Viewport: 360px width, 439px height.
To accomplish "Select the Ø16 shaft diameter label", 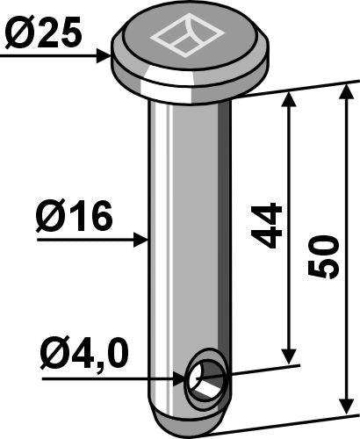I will tap(75, 217).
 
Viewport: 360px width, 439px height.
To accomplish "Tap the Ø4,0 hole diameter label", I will tap(84, 356).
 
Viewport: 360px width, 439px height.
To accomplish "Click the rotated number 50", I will tap(325, 257).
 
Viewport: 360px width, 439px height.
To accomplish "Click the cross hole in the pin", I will tap(207, 378).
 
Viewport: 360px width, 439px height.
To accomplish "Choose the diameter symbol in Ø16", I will tap(48, 217).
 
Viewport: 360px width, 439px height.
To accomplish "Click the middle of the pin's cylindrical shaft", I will tap(187, 237).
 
